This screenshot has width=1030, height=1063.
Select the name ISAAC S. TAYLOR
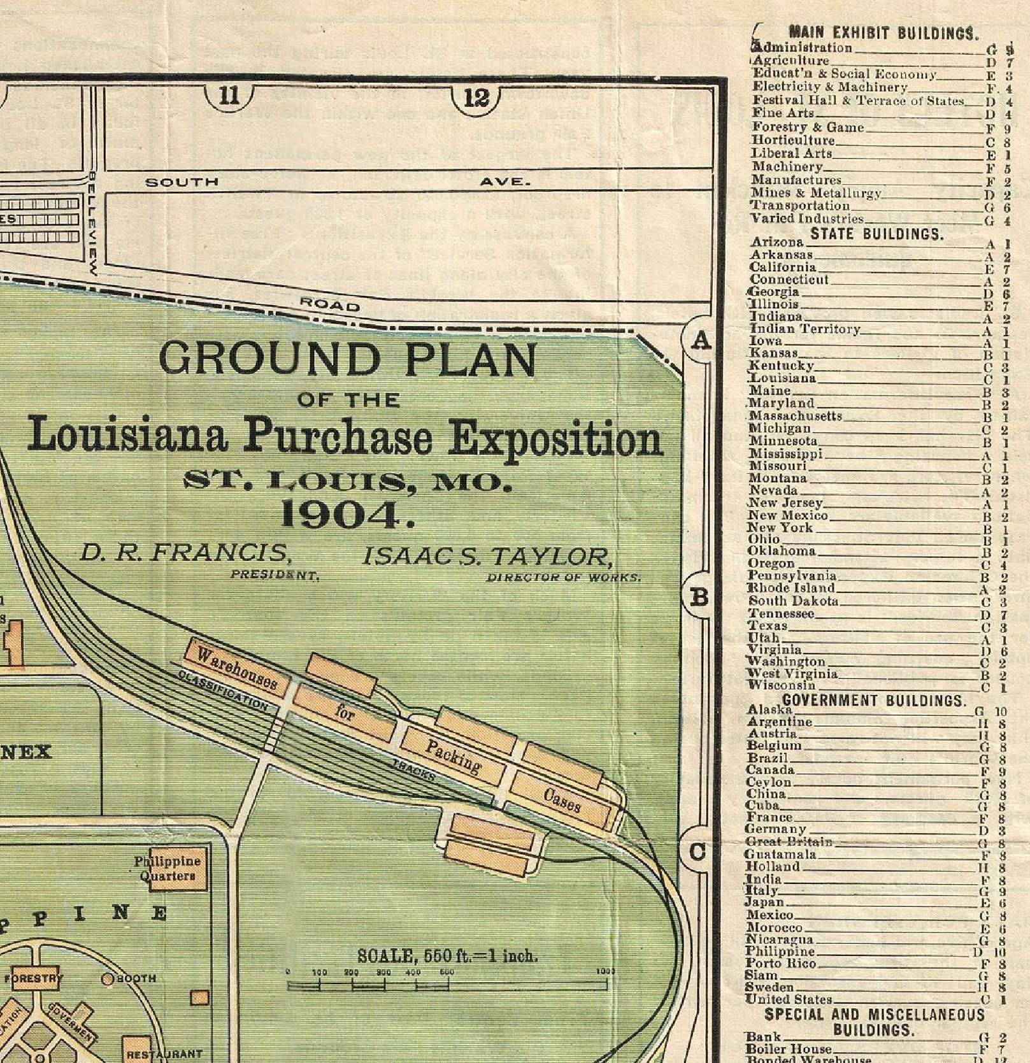tap(488, 557)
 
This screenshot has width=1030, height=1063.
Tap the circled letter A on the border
tap(700, 341)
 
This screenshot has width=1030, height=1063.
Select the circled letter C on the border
tap(698, 852)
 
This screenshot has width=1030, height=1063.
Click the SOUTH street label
tap(182, 182)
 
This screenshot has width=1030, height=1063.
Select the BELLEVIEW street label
tap(93, 223)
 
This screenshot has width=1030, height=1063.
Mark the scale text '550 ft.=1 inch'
tap(447, 956)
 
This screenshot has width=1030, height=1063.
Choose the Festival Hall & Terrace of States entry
tap(858, 101)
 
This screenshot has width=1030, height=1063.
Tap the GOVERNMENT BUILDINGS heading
tap(874, 701)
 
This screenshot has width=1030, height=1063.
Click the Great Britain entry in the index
tap(789, 842)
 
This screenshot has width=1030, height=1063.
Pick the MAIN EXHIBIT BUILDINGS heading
tap(883, 32)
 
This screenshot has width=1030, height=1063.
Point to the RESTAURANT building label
tap(164, 1054)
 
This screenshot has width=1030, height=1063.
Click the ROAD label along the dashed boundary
tap(329, 305)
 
